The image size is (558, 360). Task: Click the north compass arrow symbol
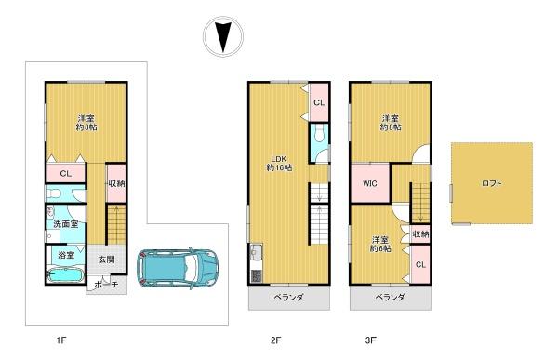223,36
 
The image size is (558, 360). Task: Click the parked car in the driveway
178,268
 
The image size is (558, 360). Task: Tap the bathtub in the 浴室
65,275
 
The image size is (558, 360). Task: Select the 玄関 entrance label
106,260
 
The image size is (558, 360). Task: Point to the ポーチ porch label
107,285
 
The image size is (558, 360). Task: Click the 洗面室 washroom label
65,224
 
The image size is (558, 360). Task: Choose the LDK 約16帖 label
279,163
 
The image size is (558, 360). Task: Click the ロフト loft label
491,183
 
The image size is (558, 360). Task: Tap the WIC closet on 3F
370,183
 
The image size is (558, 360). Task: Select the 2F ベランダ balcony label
288,297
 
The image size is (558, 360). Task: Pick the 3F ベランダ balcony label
390,297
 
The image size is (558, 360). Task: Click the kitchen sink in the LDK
256,252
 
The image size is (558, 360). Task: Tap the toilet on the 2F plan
318,134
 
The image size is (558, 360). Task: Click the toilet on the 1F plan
55,193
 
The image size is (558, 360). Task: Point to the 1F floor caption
61,340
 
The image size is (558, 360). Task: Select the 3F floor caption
370,340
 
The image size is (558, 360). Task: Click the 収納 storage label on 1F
116,184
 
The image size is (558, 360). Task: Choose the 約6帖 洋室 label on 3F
380,244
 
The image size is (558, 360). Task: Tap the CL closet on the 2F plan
319,102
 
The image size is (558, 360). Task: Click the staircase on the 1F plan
116,225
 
